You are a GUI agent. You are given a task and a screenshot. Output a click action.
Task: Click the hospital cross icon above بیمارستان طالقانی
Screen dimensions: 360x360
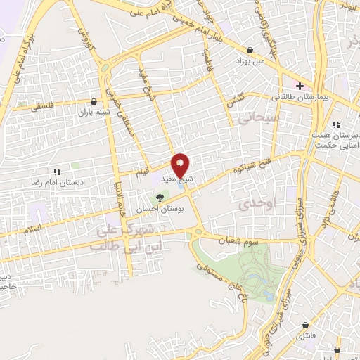click(x=300, y=86)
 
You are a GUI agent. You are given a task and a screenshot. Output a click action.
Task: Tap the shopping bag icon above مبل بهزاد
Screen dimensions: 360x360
click(x=251, y=50)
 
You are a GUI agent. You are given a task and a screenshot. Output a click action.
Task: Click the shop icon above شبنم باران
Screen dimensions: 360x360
click(x=96, y=102)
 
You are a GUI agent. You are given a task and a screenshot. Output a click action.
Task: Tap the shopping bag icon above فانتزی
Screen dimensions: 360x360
click(x=306, y=326)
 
